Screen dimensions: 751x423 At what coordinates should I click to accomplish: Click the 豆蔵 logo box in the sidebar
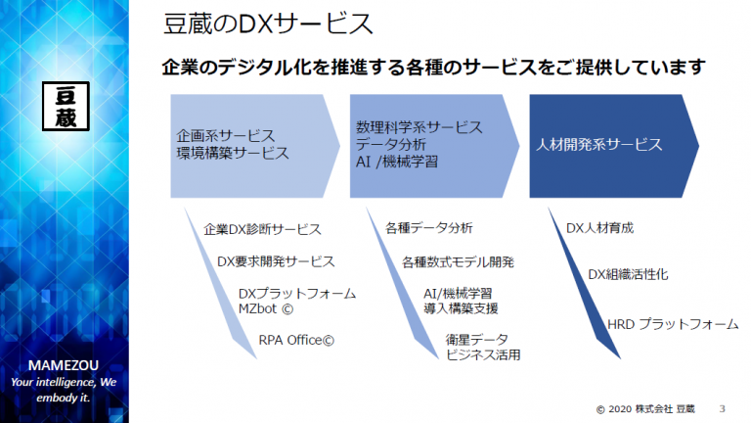pos(66,106)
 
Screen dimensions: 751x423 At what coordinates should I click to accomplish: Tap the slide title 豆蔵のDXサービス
pos(267,23)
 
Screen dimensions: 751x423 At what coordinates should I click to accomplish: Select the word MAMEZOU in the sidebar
pos(64,365)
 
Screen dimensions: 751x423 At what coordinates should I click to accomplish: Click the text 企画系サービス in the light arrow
pos(226,136)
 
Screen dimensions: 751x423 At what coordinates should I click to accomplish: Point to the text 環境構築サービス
pos(233,153)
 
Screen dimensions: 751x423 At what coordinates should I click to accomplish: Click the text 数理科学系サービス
pos(420,127)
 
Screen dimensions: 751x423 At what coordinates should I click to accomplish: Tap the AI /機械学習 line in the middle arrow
pos(397,162)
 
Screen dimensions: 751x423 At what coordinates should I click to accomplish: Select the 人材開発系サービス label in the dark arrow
pos(598,144)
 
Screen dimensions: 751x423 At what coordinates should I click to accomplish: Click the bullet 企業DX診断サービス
pos(262,230)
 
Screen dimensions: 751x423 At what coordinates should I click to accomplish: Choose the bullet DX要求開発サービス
pos(276,261)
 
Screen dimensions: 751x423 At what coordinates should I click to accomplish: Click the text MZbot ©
pos(266,308)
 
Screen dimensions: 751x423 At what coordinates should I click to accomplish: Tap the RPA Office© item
pos(296,340)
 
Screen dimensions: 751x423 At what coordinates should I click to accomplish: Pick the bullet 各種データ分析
pos(429,228)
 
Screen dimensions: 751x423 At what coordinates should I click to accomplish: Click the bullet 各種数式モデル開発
pos(458,262)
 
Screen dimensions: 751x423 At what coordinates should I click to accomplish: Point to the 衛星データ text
pos(476,340)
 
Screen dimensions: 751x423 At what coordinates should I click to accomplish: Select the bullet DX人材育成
pos(599,228)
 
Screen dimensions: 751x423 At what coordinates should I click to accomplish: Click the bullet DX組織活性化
pos(628,274)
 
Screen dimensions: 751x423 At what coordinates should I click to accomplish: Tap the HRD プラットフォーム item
pos(673,325)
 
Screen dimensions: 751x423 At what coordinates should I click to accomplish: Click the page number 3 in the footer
pos(723,408)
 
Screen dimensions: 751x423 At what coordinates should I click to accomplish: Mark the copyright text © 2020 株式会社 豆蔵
pos(645,409)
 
